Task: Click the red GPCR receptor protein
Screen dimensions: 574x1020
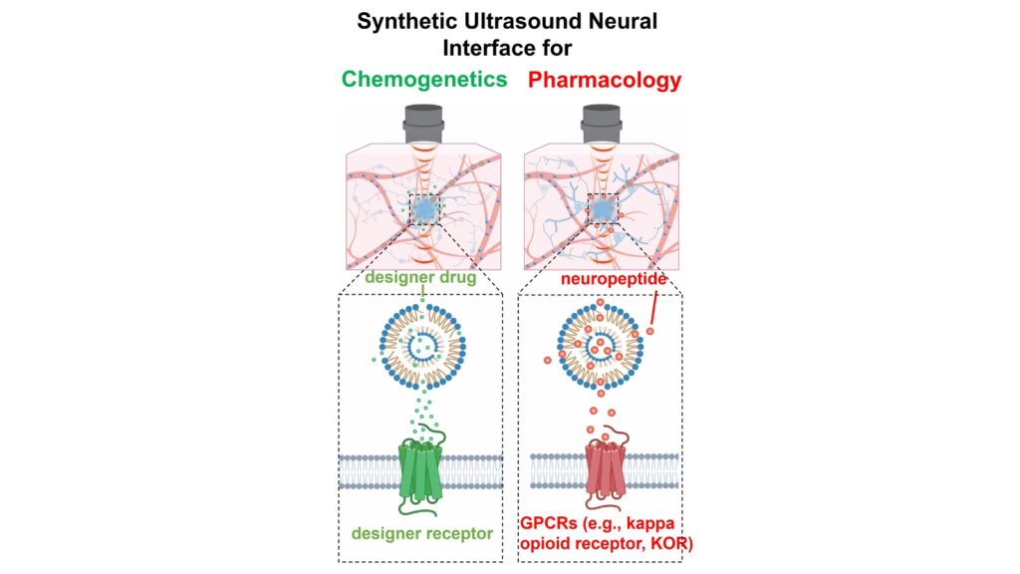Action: pyautogui.click(x=602, y=471)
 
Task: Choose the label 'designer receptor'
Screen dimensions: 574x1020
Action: pyautogui.click(x=422, y=534)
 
